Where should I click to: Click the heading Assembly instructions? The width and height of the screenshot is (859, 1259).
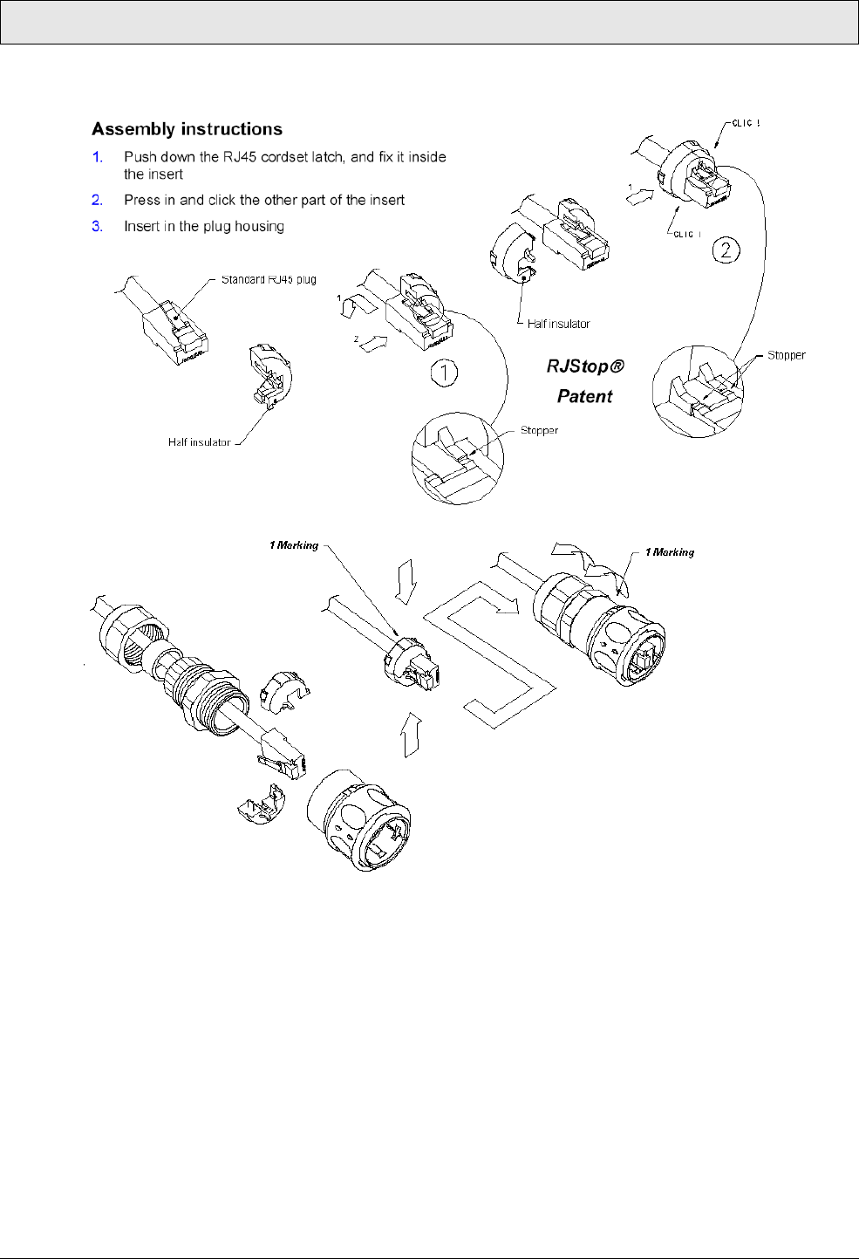(x=187, y=129)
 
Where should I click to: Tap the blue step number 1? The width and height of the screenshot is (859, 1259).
(x=98, y=157)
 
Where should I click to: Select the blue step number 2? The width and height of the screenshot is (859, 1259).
(x=98, y=200)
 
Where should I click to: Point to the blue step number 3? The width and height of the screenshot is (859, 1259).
(x=98, y=226)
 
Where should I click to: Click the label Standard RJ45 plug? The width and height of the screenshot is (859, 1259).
(x=269, y=279)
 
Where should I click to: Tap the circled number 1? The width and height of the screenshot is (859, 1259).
(x=445, y=374)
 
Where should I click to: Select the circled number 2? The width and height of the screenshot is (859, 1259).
(x=726, y=250)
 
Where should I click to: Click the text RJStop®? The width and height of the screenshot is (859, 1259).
(x=585, y=366)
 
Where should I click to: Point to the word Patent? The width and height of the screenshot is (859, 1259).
(x=585, y=396)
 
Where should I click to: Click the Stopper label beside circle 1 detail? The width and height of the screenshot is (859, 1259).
(x=539, y=430)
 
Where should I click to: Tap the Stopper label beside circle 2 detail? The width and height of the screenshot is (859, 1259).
(x=786, y=355)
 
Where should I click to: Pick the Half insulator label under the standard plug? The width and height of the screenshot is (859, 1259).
(x=200, y=442)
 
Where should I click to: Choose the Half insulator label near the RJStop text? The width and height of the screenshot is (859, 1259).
(x=558, y=324)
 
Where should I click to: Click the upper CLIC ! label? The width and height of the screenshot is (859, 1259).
(x=746, y=123)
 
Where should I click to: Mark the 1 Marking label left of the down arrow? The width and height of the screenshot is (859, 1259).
(x=294, y=545)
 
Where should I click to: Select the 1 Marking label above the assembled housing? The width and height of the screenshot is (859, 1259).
(x=670, y=552)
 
